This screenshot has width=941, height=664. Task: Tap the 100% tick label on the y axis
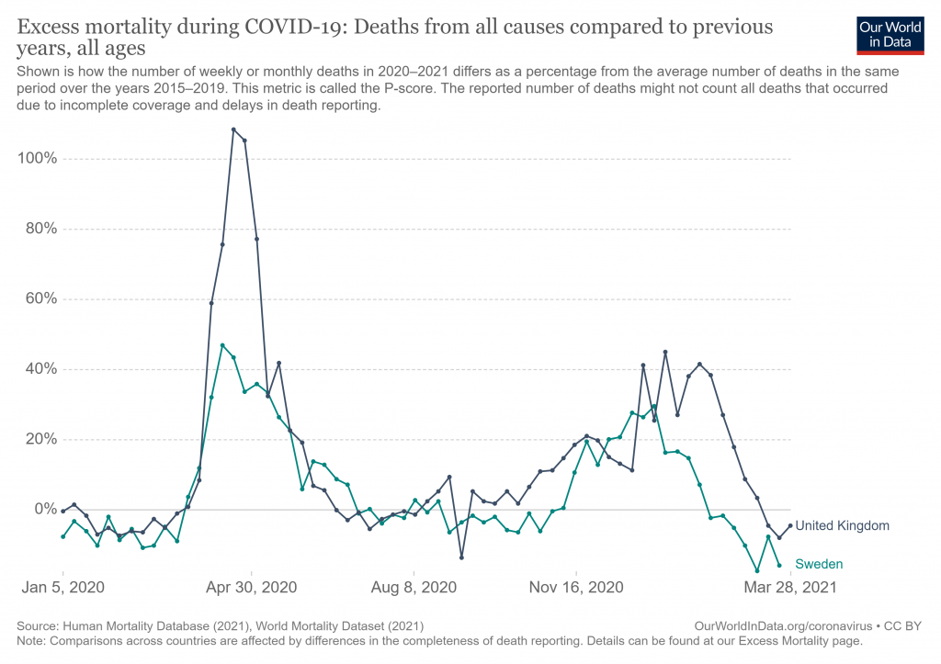pyautogui.click(x=38, y=159)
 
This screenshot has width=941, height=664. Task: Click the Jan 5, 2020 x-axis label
pyautogui.click(x=62, y=586)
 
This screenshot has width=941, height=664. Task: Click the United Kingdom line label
pyautogui.click(x=842, y=526)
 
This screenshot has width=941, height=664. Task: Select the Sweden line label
pyautogui.click(x=818, y=564)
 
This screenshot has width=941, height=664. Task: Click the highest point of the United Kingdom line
pyautogui.click(x=233, y=129)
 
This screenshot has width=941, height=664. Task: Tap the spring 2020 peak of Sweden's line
pyautogui.click(x=222, y=345)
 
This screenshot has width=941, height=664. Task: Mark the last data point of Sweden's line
pyautogui.click(x=779, y=566)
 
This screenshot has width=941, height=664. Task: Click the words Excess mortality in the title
pyautogui.click(x=93, y=26)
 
